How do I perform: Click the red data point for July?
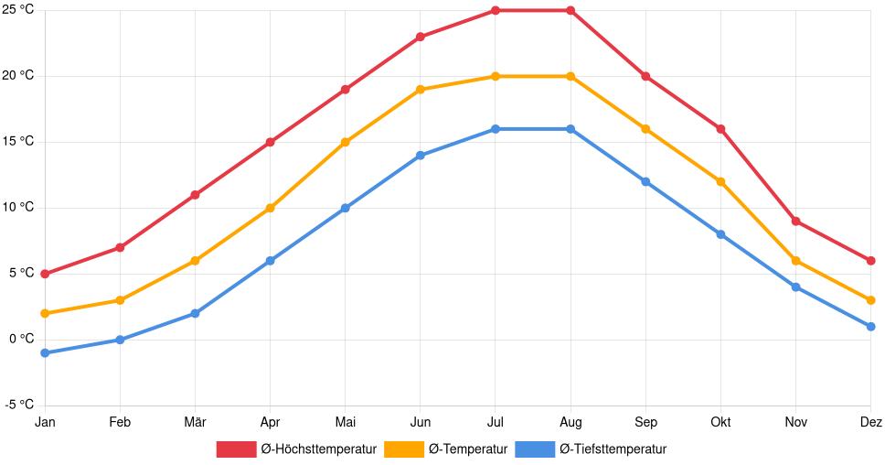coord(496,11)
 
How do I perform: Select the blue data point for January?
coord(45,353)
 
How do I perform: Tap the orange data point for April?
coord(270,209)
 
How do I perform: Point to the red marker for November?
coord(796,222)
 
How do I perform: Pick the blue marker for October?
coord(720,235)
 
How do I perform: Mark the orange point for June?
coord(421,90)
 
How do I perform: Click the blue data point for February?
coord(120,340)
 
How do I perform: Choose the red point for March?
coord(195,195)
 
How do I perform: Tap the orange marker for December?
coord(870,300)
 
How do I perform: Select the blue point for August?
coord(570,129)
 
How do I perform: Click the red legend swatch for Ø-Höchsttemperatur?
coord(236,449)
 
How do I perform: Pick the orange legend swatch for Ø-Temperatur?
coord(404,449)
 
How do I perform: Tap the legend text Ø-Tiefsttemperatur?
coord(613,449)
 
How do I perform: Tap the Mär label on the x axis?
coord(195,422)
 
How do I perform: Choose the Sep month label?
coord(645,422)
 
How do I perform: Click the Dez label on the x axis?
coord(870,422)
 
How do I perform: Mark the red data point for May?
coord(346,90)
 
